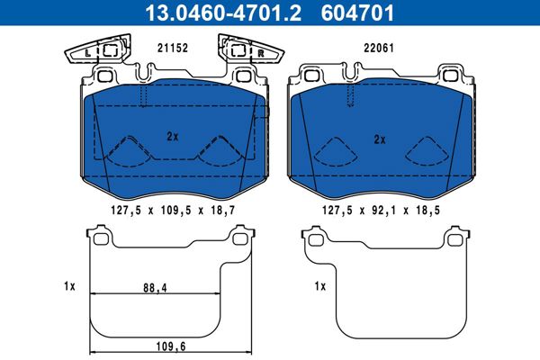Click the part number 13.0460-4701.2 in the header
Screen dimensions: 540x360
[x=223, y=13]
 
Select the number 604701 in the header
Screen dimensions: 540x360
[x=357, y=13]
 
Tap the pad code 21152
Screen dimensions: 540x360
[x=173, y=48]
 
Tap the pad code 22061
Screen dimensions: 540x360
[x=379, y=48]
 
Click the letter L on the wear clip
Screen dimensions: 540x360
[x=88, y=53]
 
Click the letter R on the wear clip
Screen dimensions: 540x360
[x=261, y=53]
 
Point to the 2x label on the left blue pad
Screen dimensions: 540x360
[x=173, y=137]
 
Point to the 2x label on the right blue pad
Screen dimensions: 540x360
[x=380, y=139]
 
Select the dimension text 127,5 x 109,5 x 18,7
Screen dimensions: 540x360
[x=173, y=210]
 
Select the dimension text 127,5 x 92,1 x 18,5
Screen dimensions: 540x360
[x=381, y=210]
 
